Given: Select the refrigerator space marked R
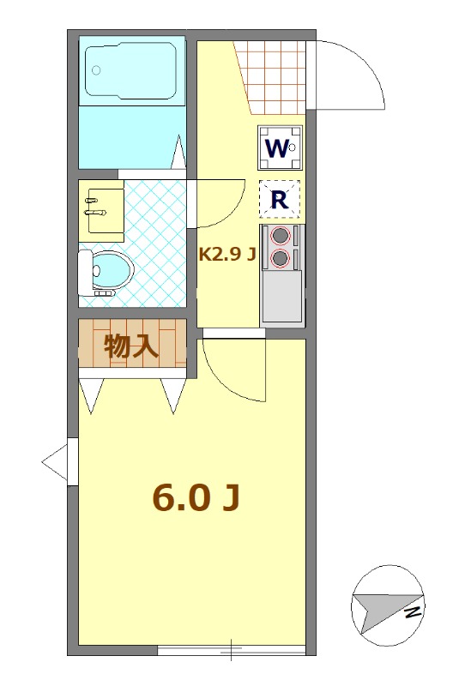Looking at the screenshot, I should point(280,199).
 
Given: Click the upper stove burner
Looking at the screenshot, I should point(281,237).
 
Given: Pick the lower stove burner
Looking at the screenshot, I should point(281,257).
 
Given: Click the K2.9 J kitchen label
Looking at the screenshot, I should point(227,254).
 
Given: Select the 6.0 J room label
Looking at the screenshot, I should point(195,497).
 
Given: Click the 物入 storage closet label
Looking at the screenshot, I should point(131,346).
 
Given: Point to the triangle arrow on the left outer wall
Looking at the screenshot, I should point(54,463).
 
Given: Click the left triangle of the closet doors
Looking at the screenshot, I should point(92,394).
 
